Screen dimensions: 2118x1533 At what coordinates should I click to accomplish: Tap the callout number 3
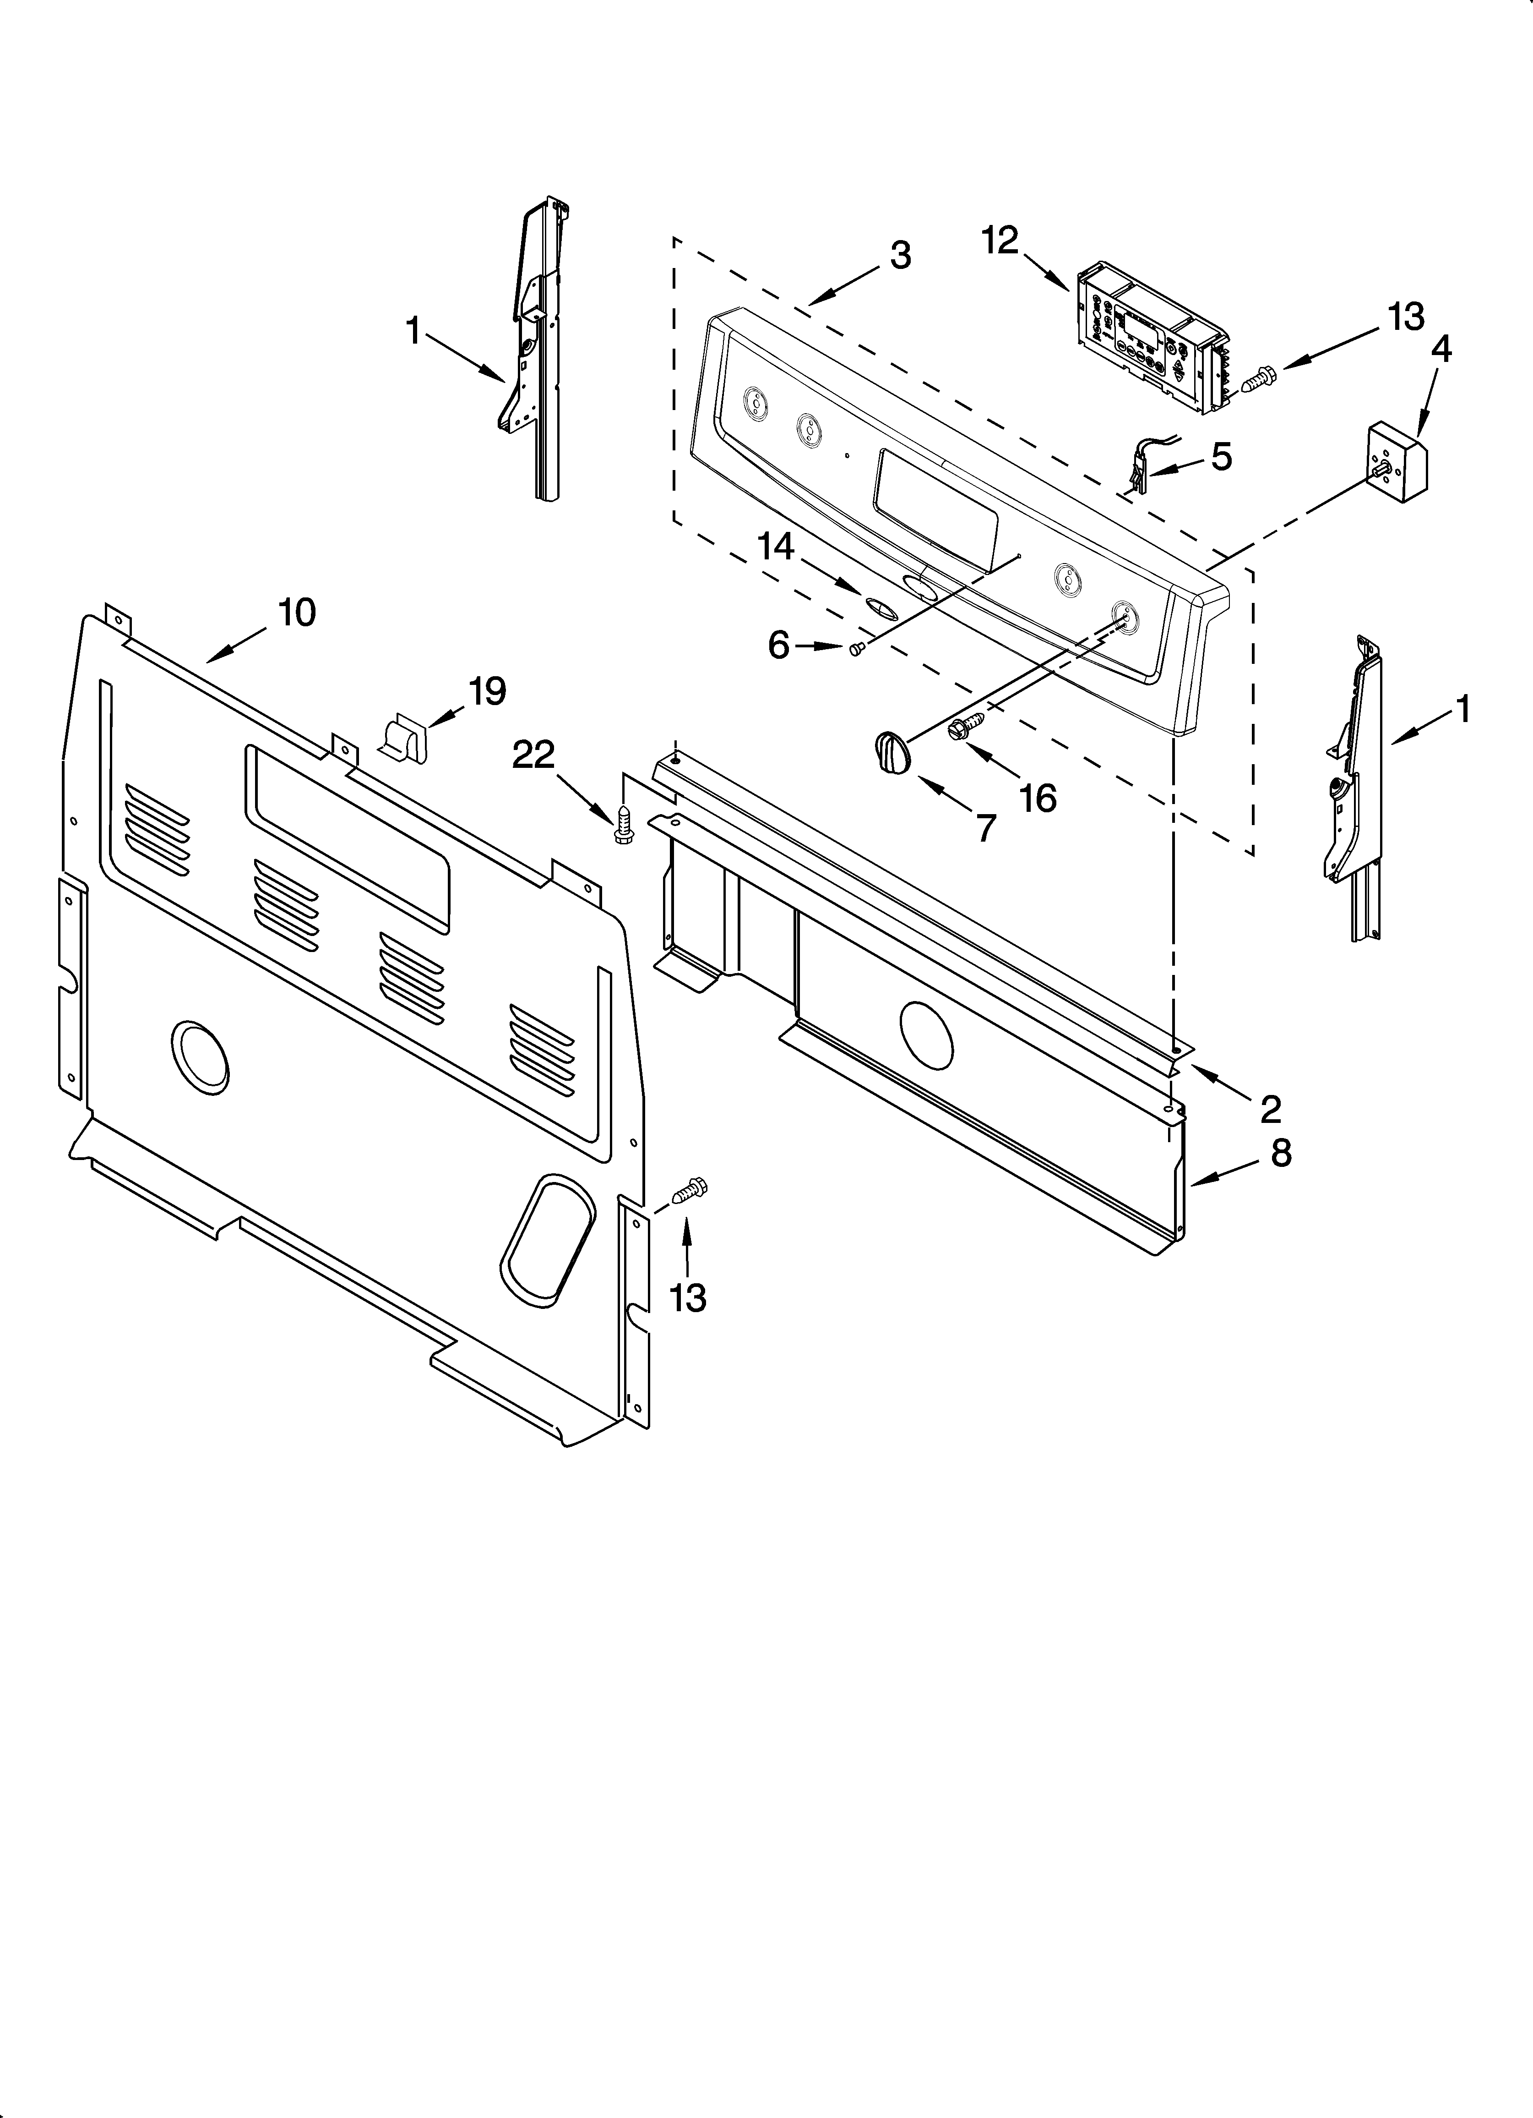click(x=900, y=255)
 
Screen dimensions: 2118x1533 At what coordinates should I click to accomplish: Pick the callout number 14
click(x=776, y=546)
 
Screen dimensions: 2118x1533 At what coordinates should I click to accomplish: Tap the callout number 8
click(x=1281, y=1154)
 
